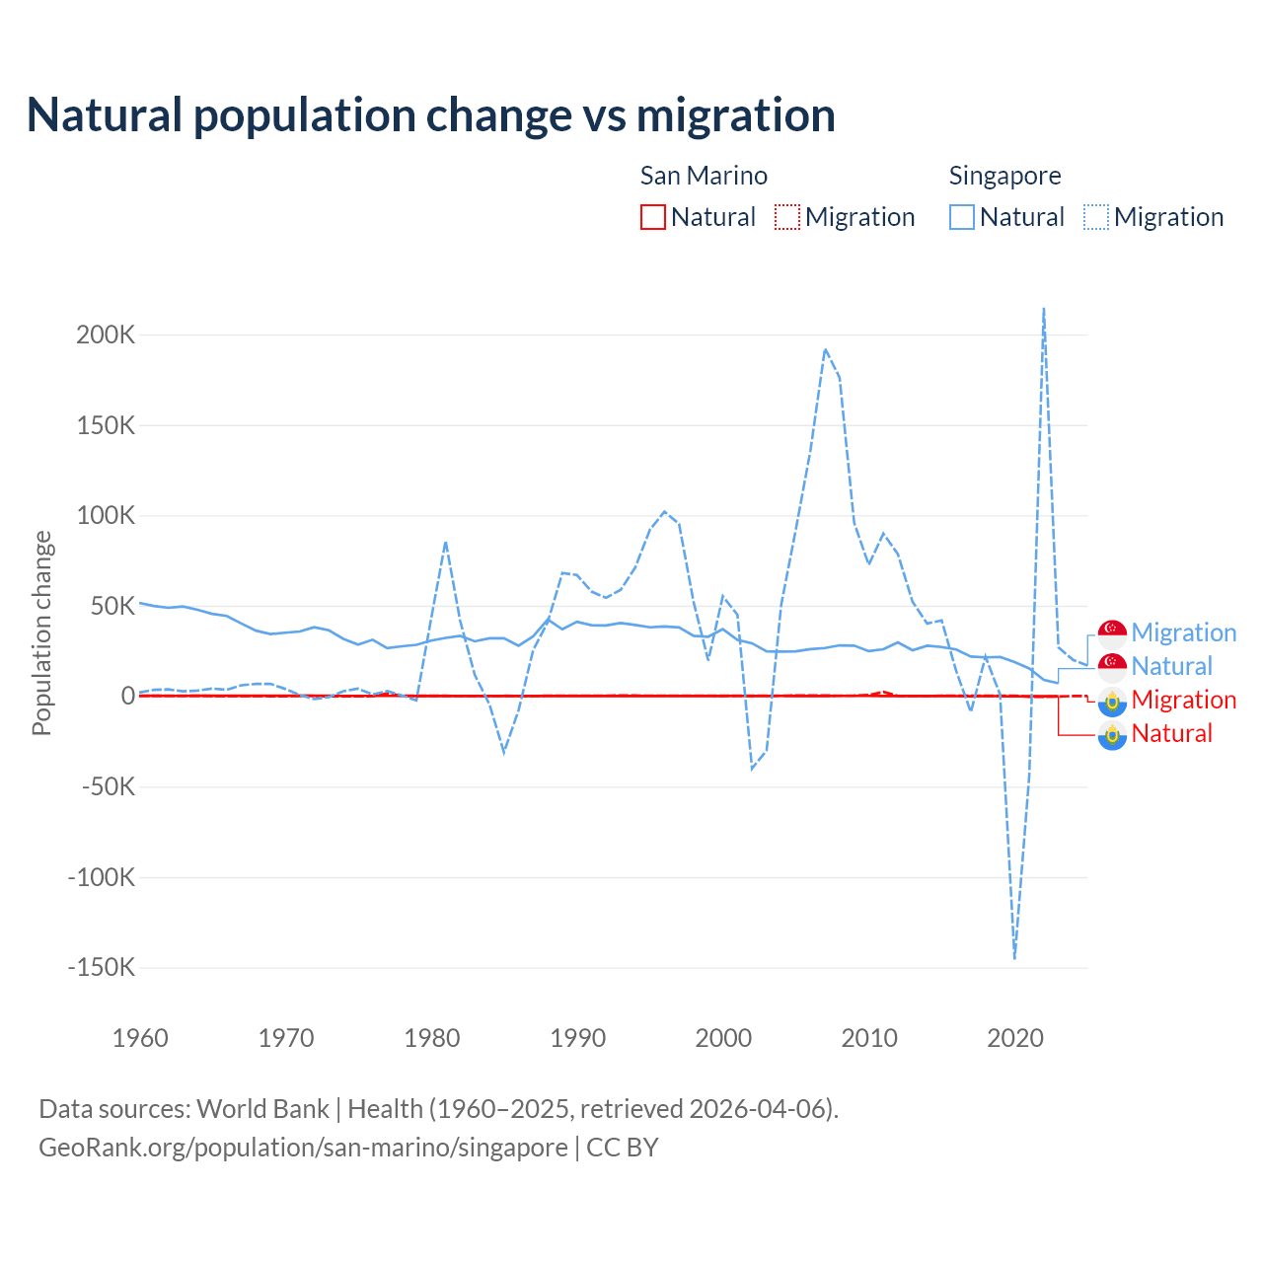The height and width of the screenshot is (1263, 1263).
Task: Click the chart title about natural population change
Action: coord(430,115)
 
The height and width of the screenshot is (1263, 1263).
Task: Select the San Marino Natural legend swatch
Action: coord(652,217)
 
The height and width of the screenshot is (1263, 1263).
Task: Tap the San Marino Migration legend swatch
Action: coord(786,217)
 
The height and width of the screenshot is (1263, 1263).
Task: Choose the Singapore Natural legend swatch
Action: coord(961,217)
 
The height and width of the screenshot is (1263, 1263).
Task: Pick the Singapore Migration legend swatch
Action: coord(1095,217)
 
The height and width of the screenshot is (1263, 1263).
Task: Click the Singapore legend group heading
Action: coord(1004,176)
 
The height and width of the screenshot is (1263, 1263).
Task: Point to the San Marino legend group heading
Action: coord(704,176)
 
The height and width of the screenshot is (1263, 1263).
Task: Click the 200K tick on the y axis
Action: coord(106,334)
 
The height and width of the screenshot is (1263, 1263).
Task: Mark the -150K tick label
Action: coord(101,967)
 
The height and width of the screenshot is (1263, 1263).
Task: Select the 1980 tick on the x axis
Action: coord(432,1038)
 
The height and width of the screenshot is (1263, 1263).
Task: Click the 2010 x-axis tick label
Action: coord(869,1038)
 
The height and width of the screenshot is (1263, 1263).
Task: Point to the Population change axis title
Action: coord(41,632)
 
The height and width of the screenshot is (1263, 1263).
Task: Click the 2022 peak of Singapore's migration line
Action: coord(1044,310)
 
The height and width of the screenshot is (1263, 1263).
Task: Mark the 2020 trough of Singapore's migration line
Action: coord(1014,956)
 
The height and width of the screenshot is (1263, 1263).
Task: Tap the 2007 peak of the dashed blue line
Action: coord(825,349)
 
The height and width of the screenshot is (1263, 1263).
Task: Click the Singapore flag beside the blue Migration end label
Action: coord(1112,633)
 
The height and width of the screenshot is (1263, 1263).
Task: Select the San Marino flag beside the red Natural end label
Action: coord(1112,734)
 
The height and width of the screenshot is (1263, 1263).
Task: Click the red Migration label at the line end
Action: coord(1183,700)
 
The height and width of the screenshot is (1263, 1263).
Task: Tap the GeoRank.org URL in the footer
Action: coord(303,1148)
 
